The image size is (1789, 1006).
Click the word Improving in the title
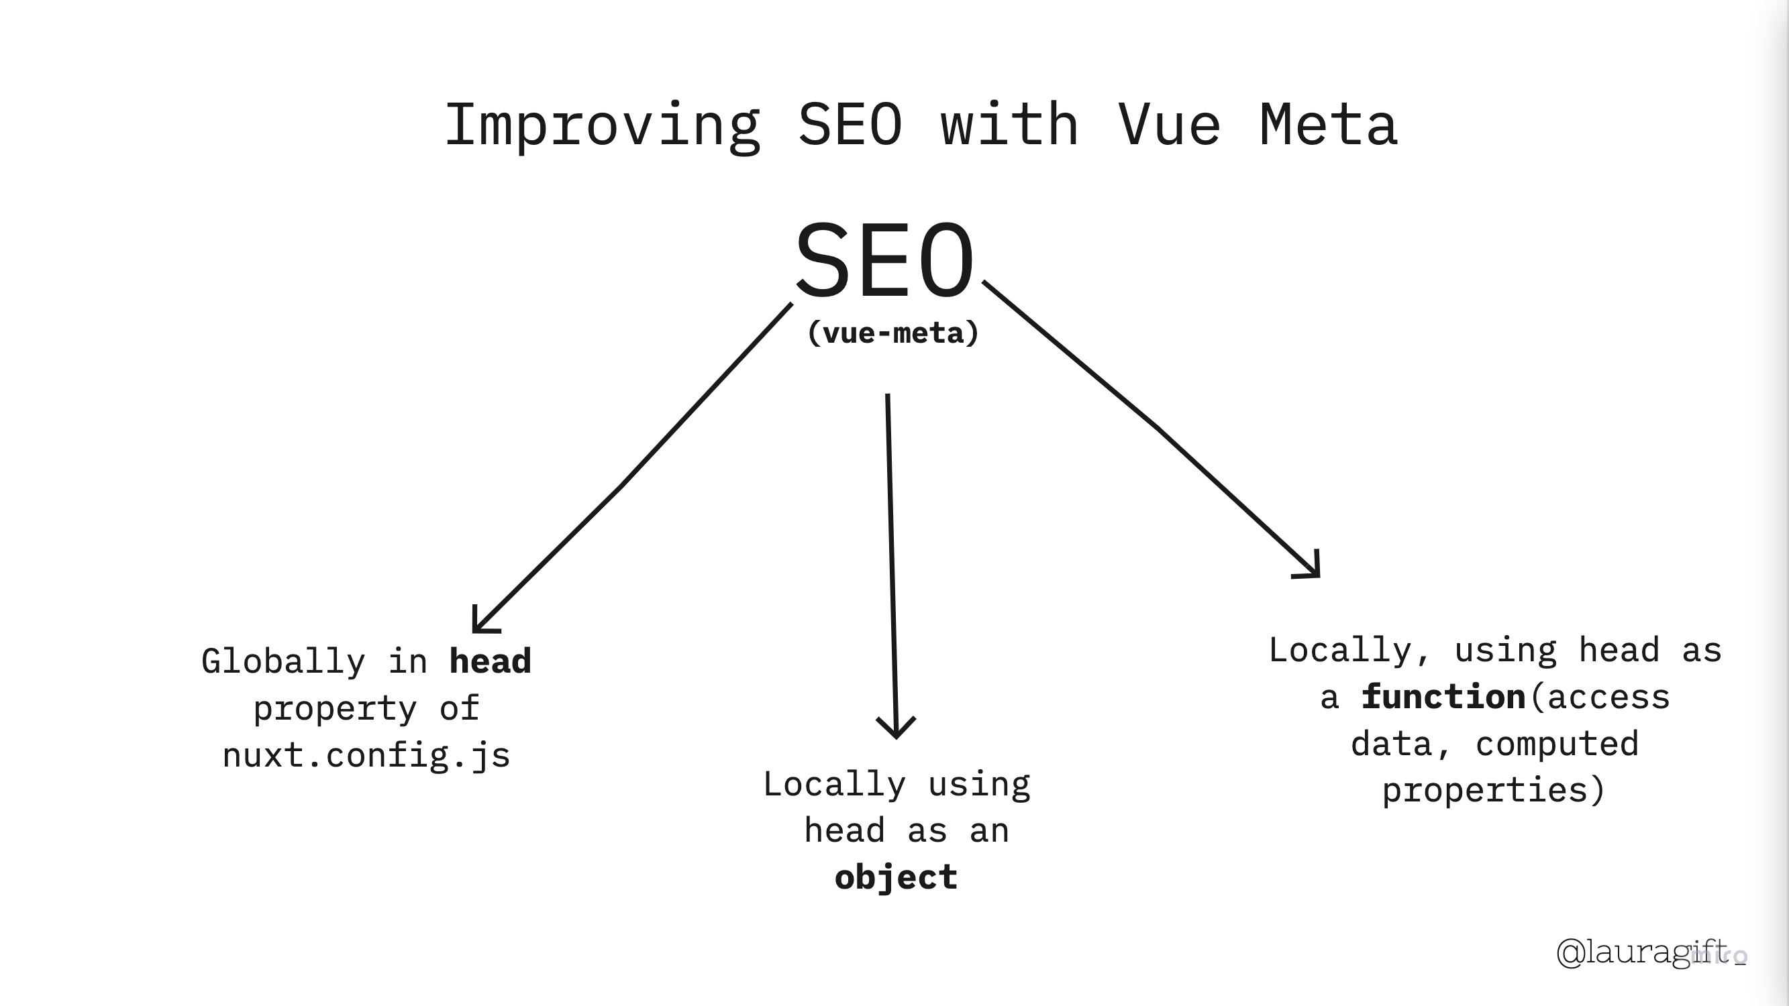pos(602,125)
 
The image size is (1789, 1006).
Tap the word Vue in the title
pos(1169,125)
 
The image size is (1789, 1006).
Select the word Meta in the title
pos(1328,125)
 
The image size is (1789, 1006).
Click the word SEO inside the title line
pos(850,125)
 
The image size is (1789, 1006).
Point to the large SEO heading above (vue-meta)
pos(883,260)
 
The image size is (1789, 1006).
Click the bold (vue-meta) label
pos(893,333)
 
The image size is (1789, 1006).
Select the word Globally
pos(283,662)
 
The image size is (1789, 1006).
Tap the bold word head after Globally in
pos(491,662)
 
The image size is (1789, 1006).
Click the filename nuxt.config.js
pos(366,755)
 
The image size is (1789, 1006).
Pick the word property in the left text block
pos(335,709)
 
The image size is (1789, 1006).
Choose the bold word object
pos(896,877)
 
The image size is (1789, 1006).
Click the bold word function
pos(1443,697)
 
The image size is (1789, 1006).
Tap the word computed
pos(1556,744)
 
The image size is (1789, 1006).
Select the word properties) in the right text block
pos(1493,791)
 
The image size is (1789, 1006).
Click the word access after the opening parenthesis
pos(1608,697)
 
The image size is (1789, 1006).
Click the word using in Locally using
pos(979,785)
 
